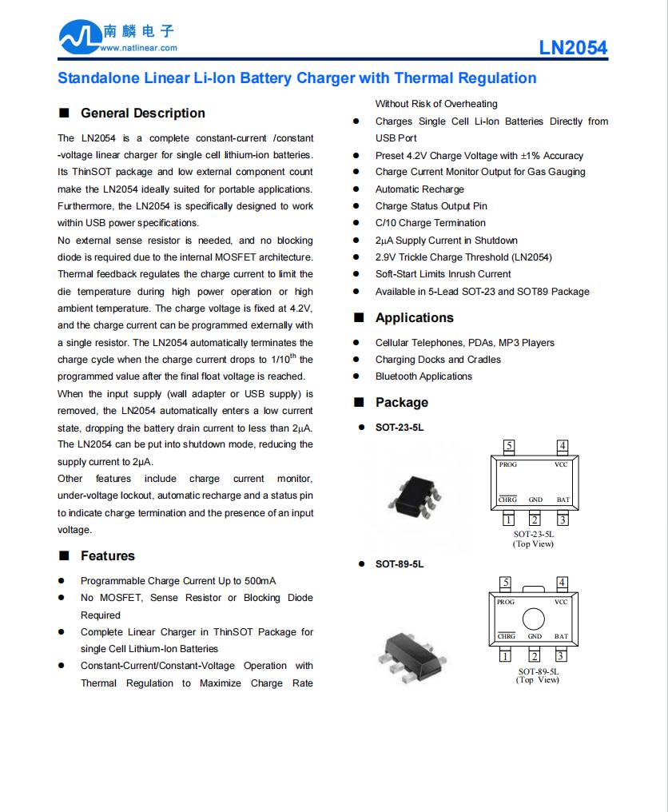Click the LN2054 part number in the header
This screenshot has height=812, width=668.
tap(573, 47)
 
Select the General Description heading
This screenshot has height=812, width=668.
tap(142, 113)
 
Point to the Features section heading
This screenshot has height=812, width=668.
tap(107, 556)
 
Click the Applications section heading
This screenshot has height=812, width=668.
tap(414, 318)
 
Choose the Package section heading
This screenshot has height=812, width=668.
tap(401, 403)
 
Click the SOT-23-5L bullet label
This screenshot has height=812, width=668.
tap(400, 428)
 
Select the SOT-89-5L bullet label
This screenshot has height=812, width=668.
tap(400, 564)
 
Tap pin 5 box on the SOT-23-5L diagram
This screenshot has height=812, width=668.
tap(508, 446)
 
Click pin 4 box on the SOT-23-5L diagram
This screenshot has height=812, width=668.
tap(563, 446)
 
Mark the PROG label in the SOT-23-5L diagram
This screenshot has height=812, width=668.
tap(507, 464)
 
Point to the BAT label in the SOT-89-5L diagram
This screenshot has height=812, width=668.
tap(562, 637)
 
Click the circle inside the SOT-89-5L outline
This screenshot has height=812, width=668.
tap(534, 619)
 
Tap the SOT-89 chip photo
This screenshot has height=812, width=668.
tap(407, 651)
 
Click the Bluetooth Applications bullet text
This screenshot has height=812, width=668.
tap(423, 376)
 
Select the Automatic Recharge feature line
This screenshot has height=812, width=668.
tap(419, 189)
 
